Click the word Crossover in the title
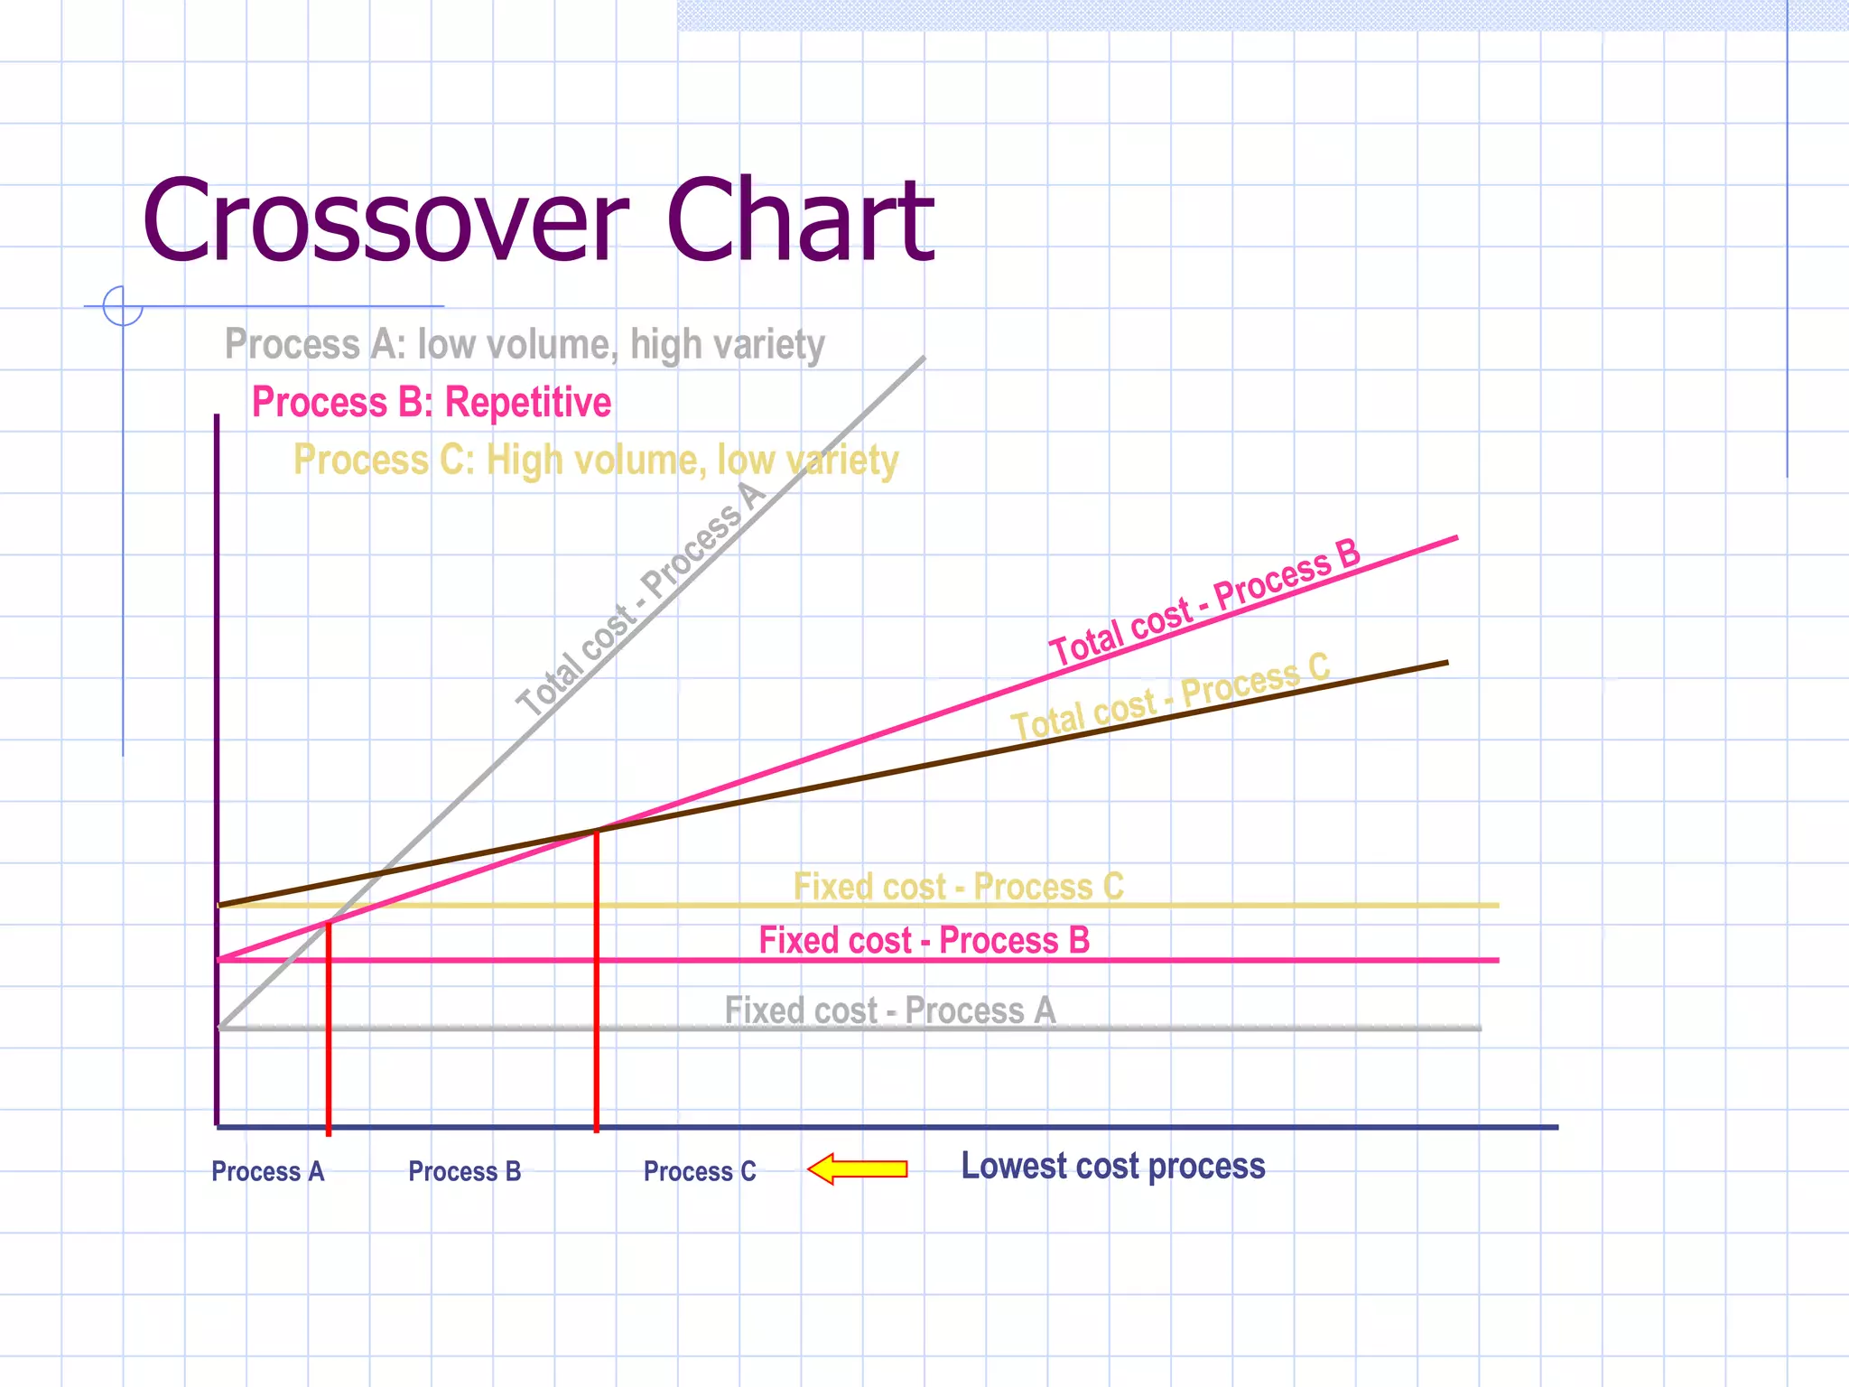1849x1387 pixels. pos(384,221)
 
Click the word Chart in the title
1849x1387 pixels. pos(800,221)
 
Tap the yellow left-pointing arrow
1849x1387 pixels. pos(858,1168)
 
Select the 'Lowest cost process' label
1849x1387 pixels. pos(1112,1167)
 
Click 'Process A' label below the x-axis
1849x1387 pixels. pos(267,1171)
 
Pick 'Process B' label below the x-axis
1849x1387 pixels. pos(464,1171)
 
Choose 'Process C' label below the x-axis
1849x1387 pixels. pos(700,1171)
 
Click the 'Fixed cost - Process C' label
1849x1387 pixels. pos(958,886)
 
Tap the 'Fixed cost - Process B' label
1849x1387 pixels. pos(924,940)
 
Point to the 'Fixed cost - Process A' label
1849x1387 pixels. pos(889,1010)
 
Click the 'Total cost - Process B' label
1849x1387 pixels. pos(1204,601)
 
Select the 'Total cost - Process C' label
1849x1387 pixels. pos(1170,697)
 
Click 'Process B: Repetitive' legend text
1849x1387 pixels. pos(431,402)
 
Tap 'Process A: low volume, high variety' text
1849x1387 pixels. pos(525,344)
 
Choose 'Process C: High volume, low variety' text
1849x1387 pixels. pos(596,460)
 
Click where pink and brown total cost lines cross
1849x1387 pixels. pos(597,829)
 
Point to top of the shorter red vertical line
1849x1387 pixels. pos(329,923)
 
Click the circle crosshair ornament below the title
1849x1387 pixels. pos(123,306)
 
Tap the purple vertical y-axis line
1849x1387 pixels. pos(217,768)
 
